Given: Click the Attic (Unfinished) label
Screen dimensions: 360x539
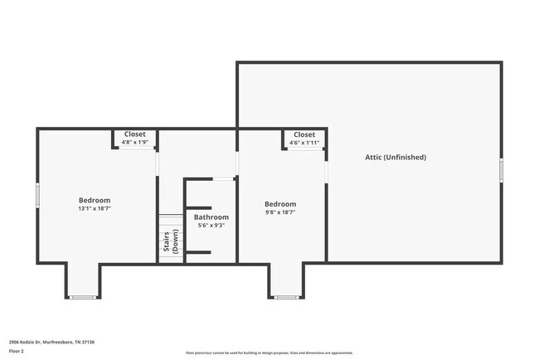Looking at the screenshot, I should (396, 157).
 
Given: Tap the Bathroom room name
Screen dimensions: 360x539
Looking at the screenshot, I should (211, 217).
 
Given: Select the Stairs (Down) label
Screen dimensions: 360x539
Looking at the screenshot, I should (171, 240).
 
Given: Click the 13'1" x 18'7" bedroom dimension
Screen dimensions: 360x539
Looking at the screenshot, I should (95, 209).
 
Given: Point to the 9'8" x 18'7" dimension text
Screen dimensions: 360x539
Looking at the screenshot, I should (280, 212).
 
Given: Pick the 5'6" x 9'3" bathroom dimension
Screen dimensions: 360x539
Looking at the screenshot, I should (211, 226).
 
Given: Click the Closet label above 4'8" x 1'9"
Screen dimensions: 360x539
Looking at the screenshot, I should (134, 134).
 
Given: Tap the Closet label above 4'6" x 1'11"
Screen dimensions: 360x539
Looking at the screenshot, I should (304, 134).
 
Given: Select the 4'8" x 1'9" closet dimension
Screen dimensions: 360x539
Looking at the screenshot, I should (134, 142).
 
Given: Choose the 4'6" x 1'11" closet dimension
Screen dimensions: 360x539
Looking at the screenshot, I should (304, 143).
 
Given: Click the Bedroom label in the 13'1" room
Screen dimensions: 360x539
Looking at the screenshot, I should (95, 200).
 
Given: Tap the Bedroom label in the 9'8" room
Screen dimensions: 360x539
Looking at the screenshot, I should (280, 204).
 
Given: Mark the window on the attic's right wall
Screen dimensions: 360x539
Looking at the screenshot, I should (501, 170).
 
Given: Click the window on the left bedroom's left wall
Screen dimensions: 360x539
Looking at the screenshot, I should (37, 196).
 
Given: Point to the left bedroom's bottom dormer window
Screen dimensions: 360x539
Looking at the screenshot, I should (83, 297).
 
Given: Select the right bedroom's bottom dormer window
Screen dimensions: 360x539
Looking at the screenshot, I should (287, 297).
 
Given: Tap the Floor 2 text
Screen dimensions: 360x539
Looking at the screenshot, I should (17, 352).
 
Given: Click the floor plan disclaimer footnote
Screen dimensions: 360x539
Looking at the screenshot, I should (269, 353).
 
